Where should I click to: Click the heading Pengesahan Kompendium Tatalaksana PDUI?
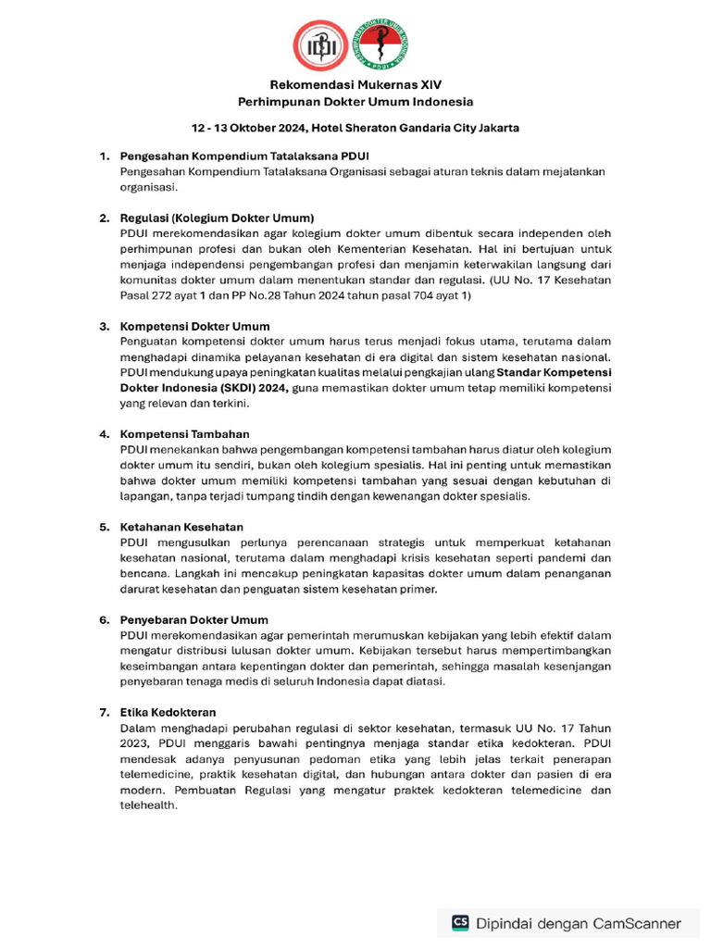point(245,156)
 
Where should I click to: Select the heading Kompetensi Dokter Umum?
point(195,326)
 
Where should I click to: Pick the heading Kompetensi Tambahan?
point(184,433)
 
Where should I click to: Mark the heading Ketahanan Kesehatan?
point(181,527)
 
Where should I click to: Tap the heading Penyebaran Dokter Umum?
point(194,619)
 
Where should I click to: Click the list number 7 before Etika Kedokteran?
point(104,712)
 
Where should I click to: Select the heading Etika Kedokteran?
point(168,712)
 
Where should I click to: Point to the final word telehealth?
point(148,805)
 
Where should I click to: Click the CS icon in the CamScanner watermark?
point(460,922)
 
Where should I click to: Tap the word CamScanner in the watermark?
point(635,923)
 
